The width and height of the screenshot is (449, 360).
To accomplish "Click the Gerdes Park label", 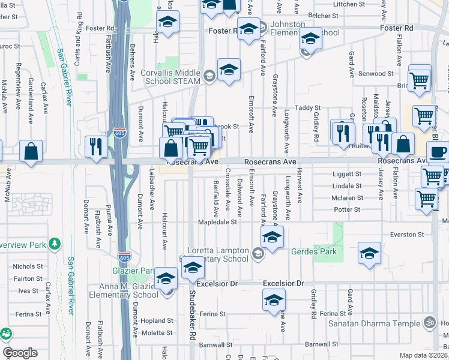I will (314, 252).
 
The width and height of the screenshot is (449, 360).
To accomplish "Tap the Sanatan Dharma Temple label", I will (375, 323).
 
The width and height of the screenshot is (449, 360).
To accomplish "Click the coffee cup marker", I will (438, 153).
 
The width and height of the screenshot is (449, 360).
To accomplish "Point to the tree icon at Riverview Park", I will (55, 244).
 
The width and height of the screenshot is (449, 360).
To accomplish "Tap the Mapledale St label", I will (218, 222).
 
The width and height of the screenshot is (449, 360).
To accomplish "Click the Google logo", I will (20, 353).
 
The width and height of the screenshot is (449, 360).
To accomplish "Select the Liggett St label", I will (348, 174).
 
